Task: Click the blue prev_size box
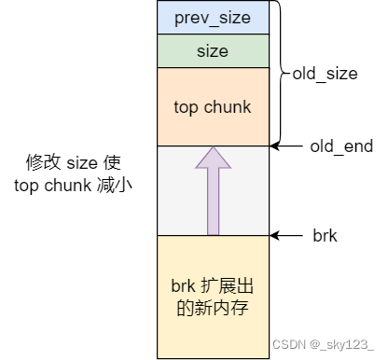(213, 18)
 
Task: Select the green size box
(213, 50)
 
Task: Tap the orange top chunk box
(213, 106)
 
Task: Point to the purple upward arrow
(213, 196)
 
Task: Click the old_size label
(325, 73)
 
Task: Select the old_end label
(340, 146)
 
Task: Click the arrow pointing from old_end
(289, 146)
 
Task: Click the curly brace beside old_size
(283, 73)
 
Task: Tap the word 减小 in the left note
(118, 185)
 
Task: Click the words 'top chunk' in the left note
(51, 185)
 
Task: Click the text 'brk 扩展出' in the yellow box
(213, 285)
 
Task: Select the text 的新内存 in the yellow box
(213, 307)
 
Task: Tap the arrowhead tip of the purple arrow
(213, 149)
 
